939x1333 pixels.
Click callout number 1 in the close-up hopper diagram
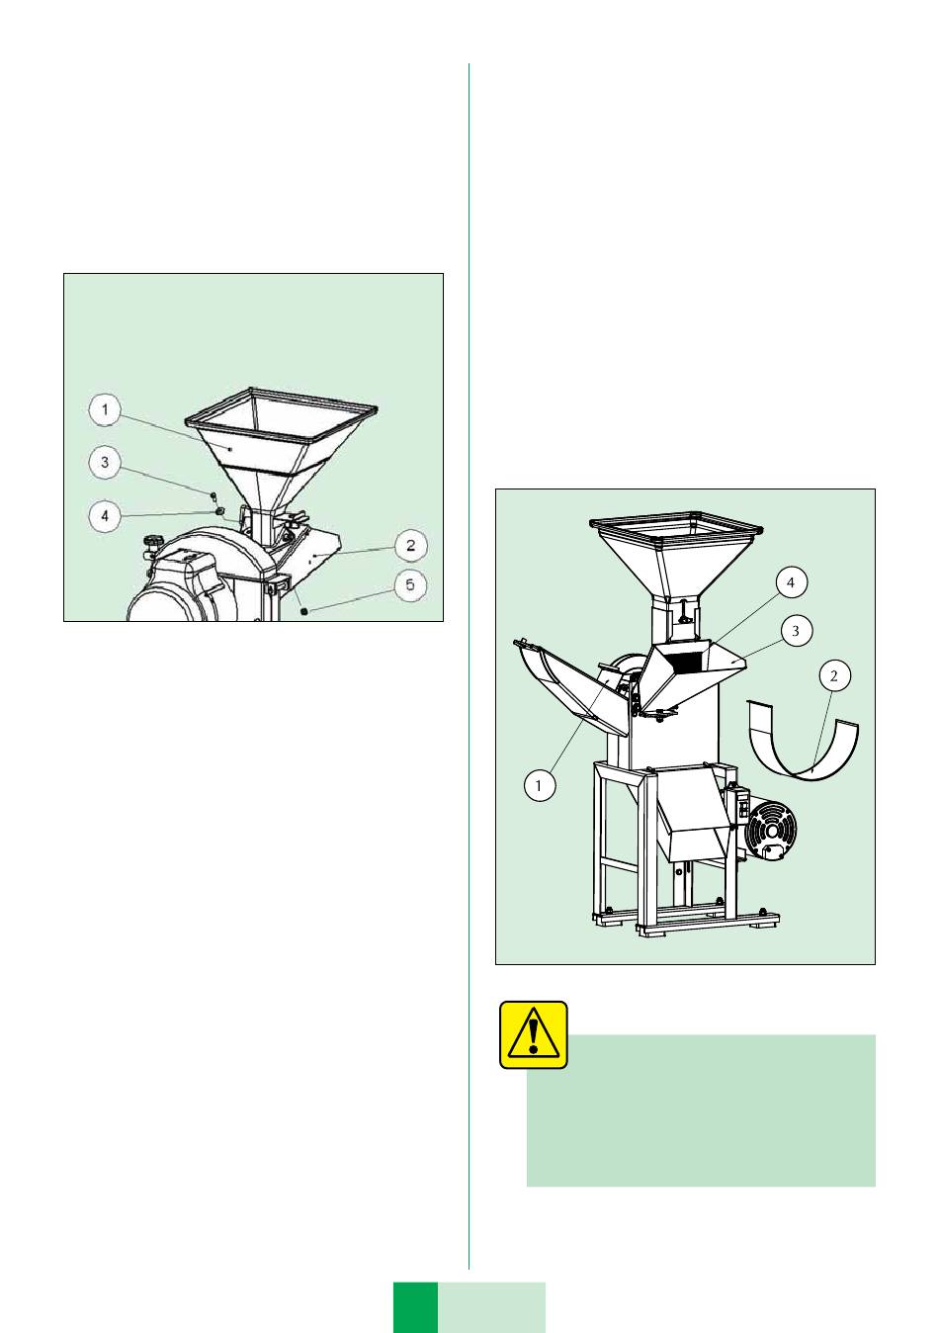105,410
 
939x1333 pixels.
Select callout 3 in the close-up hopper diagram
105,463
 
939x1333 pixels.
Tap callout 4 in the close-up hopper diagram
105,515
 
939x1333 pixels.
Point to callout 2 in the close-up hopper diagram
410,545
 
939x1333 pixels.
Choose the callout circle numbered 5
410,584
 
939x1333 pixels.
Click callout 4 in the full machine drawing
791,583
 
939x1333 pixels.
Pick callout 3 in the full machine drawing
796,631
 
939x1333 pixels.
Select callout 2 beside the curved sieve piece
834,676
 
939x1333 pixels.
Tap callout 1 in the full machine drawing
540,785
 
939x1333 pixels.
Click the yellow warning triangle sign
534,1035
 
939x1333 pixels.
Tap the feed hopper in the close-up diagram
281,446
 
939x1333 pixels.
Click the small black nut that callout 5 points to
304,611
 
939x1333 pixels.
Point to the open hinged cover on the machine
571,685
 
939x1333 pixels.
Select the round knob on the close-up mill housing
153,541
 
